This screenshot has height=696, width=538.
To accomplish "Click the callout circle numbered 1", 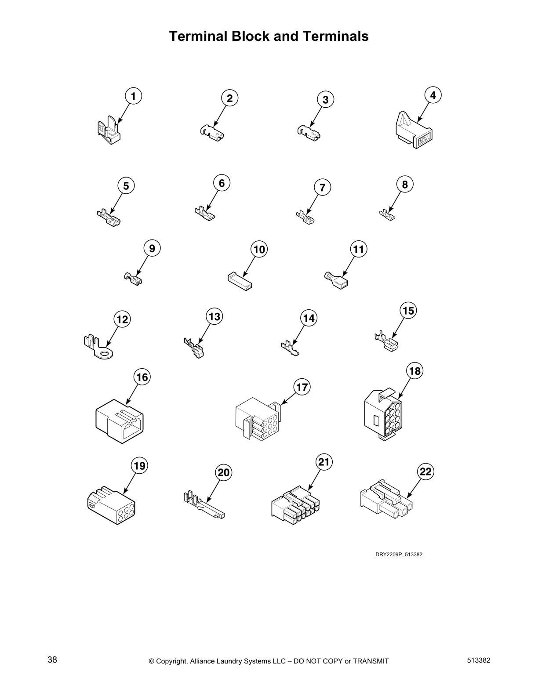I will pyautogui.click(x=134, y=96).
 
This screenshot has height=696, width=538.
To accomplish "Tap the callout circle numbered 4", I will pyautogui.click(x=433, y=95).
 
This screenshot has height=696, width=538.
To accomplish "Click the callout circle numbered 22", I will pyautogui.click(x=425, y=471).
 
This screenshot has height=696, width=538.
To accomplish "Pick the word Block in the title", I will pyautogui.click(x=251, y=36).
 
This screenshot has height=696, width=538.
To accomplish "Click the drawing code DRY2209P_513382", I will pyautogui.click(x=399, y=555).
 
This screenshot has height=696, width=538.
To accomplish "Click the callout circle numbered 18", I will pyautogui.click(x=415, y=371).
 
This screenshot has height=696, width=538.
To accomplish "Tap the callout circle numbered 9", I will pyautogui.click(x=152, y=249).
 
